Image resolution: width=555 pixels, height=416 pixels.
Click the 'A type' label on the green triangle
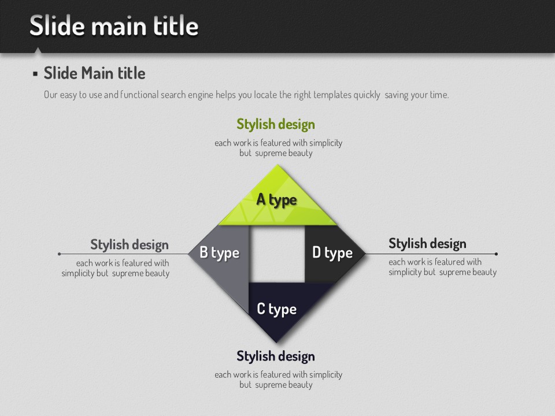[276, 200]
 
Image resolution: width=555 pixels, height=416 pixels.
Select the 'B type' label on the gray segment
[220, 252]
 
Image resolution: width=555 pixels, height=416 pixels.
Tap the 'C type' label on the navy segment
[277, 309]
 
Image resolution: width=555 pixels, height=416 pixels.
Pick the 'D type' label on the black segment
[332, 252]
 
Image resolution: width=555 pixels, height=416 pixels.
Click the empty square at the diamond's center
[277, 254]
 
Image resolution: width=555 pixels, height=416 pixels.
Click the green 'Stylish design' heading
[276, 125]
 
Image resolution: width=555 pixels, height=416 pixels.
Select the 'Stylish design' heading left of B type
[129, 245]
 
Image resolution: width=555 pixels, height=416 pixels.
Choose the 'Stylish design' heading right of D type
[427, 244]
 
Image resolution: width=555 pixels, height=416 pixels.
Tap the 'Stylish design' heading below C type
[276, 356]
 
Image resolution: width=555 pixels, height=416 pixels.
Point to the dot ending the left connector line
[59, 254]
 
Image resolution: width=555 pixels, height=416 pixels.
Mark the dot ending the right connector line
[496, 254]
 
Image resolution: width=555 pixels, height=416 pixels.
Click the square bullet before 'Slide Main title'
[35, 73]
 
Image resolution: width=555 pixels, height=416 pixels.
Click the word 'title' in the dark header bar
[176, 25]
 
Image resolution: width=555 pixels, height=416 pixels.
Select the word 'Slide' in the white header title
[57, 25]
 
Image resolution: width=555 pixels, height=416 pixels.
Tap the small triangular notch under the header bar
[37, 50]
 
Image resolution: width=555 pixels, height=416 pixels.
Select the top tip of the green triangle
[277, 165]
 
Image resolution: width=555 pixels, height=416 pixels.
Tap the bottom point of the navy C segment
[277, 341]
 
